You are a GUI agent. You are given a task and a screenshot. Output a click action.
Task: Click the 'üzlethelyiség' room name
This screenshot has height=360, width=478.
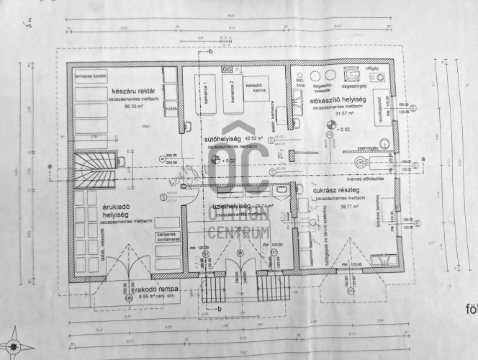pyautogui.click(x=232, y=207)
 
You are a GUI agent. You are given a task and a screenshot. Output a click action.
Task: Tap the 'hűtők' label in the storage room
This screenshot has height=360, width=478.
pyautogui.click(x=171, y=109)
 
